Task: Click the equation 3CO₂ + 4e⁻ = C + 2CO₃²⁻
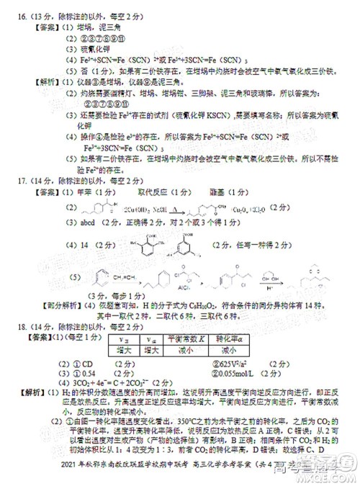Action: click(105, 384)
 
